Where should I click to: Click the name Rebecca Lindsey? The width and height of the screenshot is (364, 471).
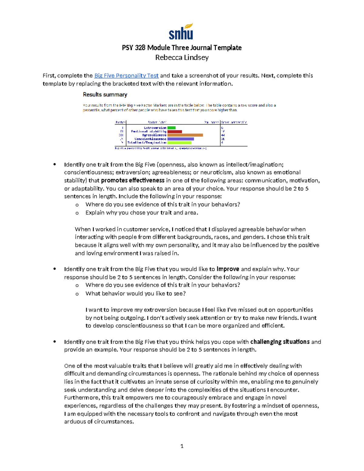click(182, 58)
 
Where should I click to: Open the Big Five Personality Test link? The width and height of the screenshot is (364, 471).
click(126, 76)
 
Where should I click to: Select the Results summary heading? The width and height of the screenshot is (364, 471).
click(105, 95)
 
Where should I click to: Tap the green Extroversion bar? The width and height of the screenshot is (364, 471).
click(171, 128)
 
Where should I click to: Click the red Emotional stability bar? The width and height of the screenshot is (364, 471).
click(174, 132)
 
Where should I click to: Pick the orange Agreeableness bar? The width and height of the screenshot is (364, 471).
click(185, 135)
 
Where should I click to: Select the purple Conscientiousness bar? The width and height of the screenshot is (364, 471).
click(180, 139)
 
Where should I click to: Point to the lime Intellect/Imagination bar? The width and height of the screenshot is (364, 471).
click(179, 143)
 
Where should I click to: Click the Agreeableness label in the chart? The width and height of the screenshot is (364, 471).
click(154, 135)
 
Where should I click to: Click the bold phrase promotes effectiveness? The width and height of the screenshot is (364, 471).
click(133, 180)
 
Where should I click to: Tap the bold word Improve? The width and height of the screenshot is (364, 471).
click(228, 269)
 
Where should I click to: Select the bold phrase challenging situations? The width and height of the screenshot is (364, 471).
click(280, 342)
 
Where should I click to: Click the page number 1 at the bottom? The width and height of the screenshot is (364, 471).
click(182, 446)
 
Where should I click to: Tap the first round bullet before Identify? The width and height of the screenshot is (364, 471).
click(55, 164)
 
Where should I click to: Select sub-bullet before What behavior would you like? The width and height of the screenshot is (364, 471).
click(77, 294)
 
